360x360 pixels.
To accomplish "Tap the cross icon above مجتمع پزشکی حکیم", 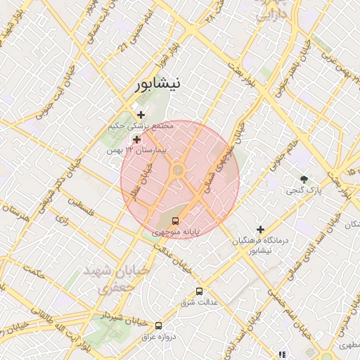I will click(141, 115).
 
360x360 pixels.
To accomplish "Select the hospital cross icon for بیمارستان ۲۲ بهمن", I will click(136, 140).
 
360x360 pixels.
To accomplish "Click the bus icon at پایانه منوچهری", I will click(175, 221).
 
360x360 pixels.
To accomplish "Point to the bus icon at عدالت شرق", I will click(199, 290).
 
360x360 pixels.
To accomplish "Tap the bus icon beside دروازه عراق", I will click(158, 326).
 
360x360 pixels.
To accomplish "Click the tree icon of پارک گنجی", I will click(304, 179).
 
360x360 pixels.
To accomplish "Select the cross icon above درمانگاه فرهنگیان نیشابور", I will click(260, 229).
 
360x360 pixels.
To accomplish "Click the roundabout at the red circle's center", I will click(179, 170).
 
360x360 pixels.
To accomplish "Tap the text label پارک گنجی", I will click(304, 191).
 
